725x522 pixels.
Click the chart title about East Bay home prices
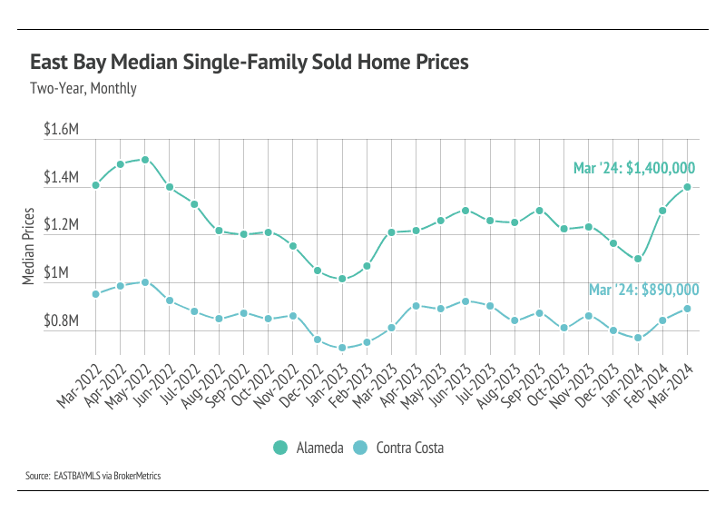pyautogui.click(x=250, y=63)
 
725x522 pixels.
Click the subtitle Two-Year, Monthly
pyautogui.click(x=83, y=89)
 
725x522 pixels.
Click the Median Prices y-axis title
pyautogui.click(x=28, y=246)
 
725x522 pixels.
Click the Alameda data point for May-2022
pyautogui.click(x=145, y=160)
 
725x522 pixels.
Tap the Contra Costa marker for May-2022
pyautogui.click(x=145, y=282)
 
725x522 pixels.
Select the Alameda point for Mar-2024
pyautogui.click(x=688, y=187)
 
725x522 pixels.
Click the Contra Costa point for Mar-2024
pyautogui.click(x=688, y=309)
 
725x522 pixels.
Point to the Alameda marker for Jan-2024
pyautogui.click(x=639, y=259)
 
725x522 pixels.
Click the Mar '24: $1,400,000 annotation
pyautogui.click(x=634, y=168)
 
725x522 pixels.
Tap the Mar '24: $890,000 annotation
pyautogui.click(x=644, y=290)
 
